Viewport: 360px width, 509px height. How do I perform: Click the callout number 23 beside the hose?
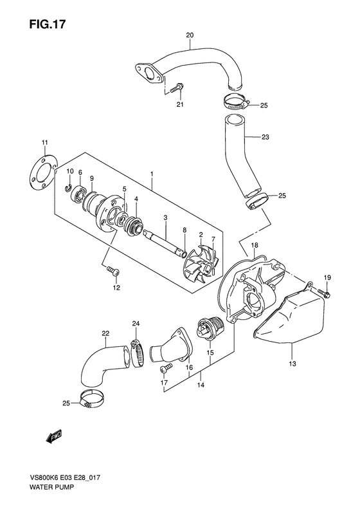click(x=265, y=136)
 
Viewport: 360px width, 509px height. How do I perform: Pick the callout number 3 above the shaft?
click(x=165, y=219)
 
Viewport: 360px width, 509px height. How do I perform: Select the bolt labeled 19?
click(x=324, y=293)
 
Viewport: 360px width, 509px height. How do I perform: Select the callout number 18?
click(x=254, y=246)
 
